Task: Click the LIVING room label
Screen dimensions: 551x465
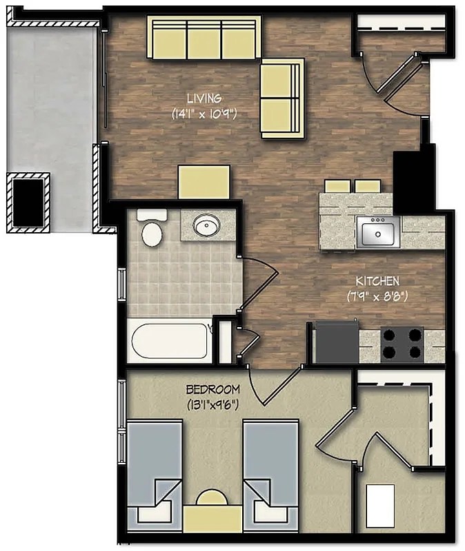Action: (203, 98)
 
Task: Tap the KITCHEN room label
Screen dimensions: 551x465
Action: (377, 281)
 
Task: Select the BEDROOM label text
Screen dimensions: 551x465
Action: (213, 388)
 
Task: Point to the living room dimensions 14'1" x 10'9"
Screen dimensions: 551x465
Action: (204, 114)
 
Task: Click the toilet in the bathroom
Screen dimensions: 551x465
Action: (151, 230)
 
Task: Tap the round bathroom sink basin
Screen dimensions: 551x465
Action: (206, 225)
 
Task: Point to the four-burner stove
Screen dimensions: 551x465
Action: (403, 344)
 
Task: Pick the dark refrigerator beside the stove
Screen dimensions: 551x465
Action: (336, 342)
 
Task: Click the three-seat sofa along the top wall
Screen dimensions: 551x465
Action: (204, 37)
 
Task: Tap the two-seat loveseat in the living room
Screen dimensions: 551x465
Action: (281, 98)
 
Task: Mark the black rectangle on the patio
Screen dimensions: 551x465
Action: (29, 200)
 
